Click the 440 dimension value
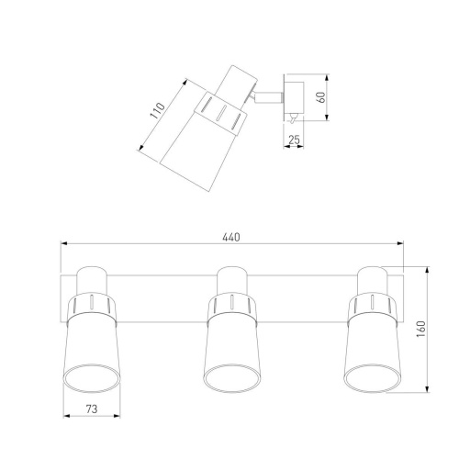click(x=231, y=237)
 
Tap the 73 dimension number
click(x=92, y=409)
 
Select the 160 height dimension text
click(x=421, y=330)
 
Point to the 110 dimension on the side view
click(x=157, y=111)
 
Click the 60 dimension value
click(x=322, y=97)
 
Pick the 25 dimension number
click(x=294, y=140)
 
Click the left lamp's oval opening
click(x=91, y=378)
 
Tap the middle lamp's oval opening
click(x=231, y=378)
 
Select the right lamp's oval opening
click(x=372, y=378)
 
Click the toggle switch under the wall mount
click(x=293, y=118)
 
